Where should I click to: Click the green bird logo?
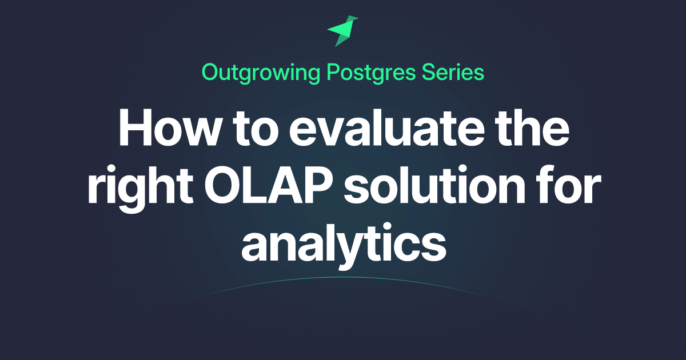[342, 31]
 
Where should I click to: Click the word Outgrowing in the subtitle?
[261, 74]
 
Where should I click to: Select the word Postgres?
[371, 74]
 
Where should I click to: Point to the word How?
[169, 127]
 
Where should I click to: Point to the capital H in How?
[135, 127]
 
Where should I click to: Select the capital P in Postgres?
[334, 72]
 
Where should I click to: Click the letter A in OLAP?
[284, 185]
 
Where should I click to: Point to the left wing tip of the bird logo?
[327, 30]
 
